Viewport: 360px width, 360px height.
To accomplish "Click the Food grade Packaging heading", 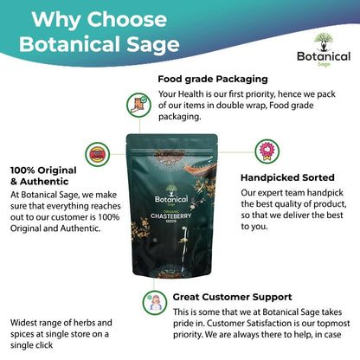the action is pyautogui.click(x=213, y=80).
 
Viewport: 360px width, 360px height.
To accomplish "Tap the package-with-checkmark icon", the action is pyautogui.click(x=138, y=105).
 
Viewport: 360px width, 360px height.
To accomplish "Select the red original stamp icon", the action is pyautogui.click(x=98, y=154).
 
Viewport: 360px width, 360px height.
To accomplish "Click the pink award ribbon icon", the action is pyautogui.click(x=267, y=151).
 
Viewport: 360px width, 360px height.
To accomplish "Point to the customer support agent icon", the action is pyautogui.click(x=155, y=303).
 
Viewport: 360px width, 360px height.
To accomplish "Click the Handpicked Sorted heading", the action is pyautogui.click(x=287, y=177).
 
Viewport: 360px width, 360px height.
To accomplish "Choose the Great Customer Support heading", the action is pyautogui.click(x=233, y=297).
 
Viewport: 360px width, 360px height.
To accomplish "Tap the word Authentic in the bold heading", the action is pyautogui.click(x=44, y=182).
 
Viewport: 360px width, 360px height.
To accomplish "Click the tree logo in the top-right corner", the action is pyautogui.click(x=324, y=42).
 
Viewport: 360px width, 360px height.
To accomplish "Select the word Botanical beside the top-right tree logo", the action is pyautogui.click(x=324, y=56).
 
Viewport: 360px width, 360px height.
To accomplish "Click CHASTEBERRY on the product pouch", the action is pyautogui.click(x=170, y=216).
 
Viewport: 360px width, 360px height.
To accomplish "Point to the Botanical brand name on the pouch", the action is pyautogui.click(x=171, y=199).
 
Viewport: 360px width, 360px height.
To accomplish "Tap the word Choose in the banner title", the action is pyautogui.click(x=127, y=20).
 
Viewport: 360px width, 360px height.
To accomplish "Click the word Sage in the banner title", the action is pyautogui.click(x=153, y=45).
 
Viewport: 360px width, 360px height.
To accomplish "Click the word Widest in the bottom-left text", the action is pyautogui.click(x=22, y=323).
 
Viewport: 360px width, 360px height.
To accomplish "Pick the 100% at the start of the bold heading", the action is pyautogui.click(x=22, y=170).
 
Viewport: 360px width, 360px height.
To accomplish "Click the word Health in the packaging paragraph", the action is pyautogui.click(x=191, y=94).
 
